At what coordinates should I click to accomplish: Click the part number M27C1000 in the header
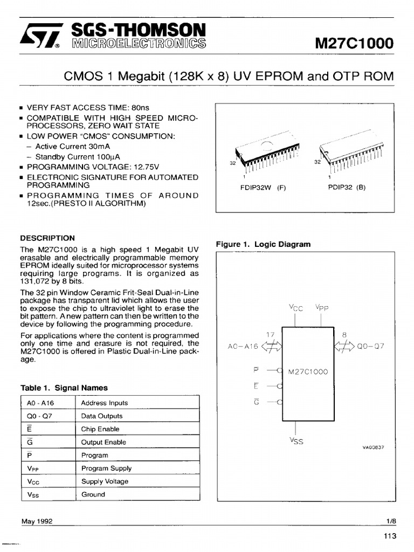354,43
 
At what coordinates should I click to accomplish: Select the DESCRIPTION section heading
47,238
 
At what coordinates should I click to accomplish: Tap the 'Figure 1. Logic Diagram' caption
263,244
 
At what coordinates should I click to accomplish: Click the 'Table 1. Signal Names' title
64,388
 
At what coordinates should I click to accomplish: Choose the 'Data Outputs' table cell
102,416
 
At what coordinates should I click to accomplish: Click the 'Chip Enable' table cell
100,429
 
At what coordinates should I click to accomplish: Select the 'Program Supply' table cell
106,468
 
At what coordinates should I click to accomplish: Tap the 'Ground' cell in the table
93,494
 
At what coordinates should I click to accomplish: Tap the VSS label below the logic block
296,441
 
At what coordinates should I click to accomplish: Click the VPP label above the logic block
322,308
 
